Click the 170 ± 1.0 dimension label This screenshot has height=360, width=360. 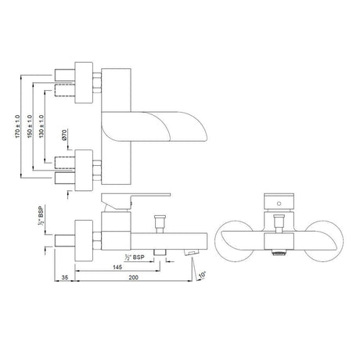(17, 127)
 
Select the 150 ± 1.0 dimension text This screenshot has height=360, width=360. (30, 127)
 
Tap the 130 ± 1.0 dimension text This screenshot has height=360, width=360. (41, 127)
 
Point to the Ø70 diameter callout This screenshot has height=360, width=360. (65, 135)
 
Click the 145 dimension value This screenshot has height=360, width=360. (117, 267)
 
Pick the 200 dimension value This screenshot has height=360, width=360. (133, 278)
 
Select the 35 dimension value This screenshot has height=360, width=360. (65, 278)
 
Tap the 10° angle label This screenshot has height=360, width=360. (203, 275)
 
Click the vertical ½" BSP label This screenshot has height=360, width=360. (41, 215)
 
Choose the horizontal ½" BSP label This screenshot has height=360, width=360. (135, 257)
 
